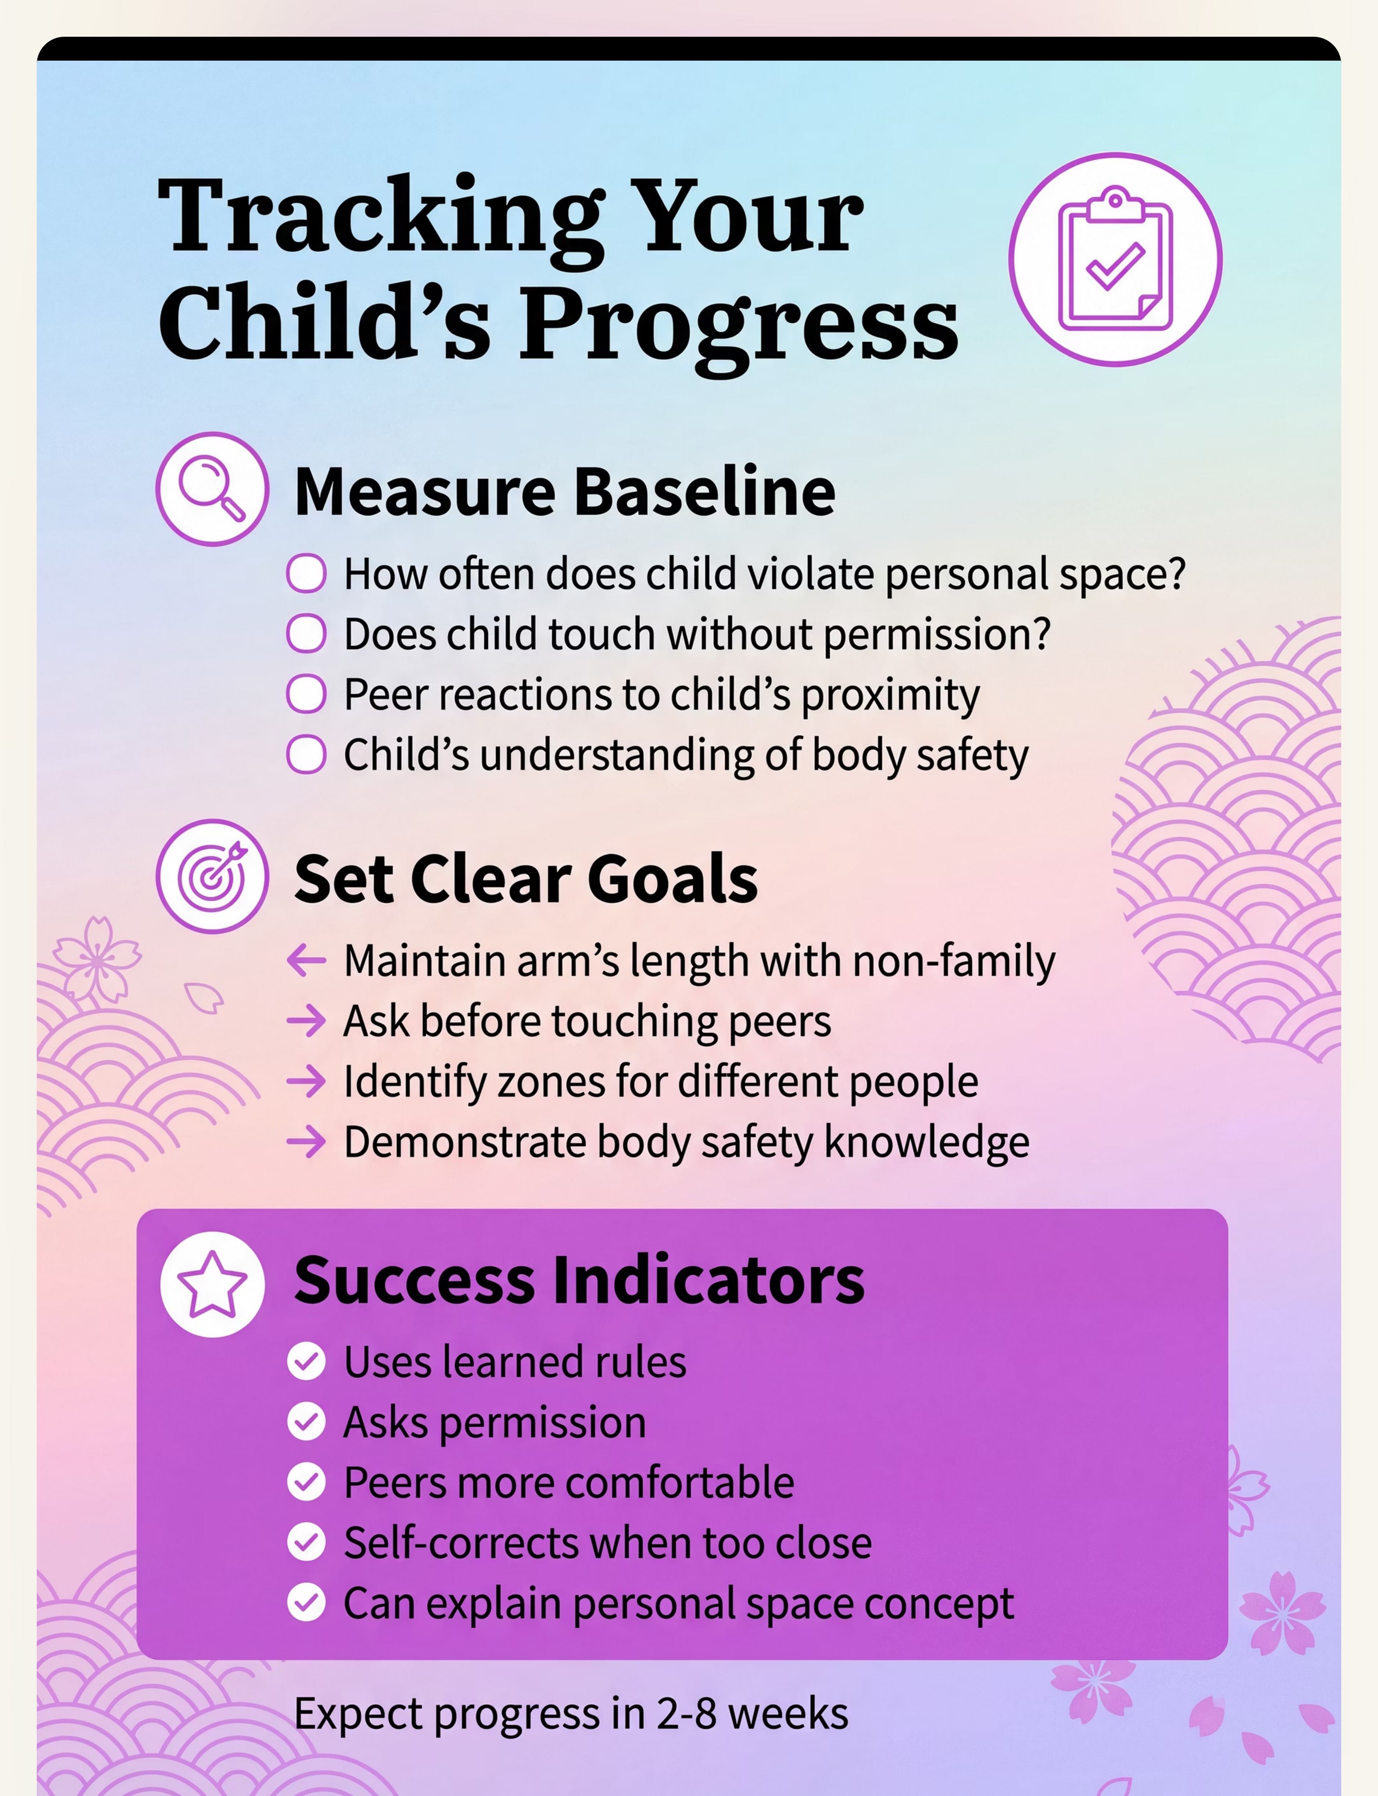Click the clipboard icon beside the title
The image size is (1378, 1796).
(1116, 259)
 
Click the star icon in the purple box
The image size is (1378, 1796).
(212, 1284)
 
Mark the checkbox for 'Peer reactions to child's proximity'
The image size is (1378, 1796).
(306, 694)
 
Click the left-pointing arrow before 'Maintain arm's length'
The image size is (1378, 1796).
(306, 960)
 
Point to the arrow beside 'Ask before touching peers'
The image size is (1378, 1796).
(306, 1021)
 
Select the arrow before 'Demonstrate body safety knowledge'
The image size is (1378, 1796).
(306, 1141)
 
